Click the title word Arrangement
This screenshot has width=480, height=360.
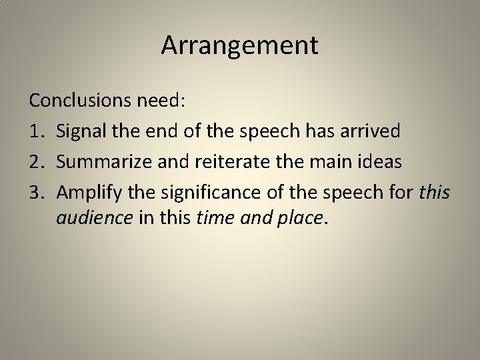pyautogui.click(x=240, y=45)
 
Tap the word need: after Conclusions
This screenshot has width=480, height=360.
pyautogui.click(x=161, y=101)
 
